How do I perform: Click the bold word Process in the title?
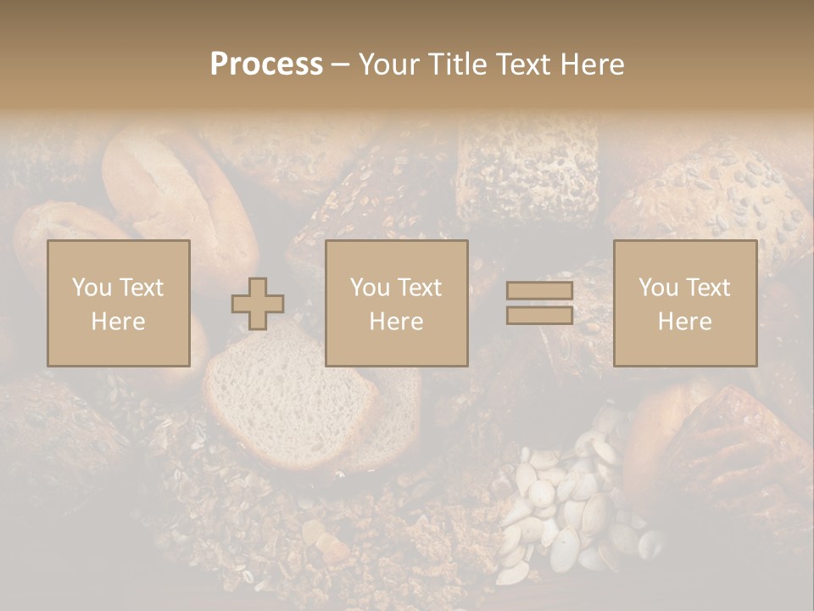(266, 64)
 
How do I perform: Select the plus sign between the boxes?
(258, 304)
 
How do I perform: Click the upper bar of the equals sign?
(539, 291)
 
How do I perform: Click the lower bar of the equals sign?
(539, 316)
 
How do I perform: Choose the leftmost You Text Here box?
(119, 304)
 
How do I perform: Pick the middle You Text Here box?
(397, 304)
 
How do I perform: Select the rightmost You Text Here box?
(685, 304)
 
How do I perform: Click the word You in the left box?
(92, 288)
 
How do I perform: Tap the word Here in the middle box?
(397, 322)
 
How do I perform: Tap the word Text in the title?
(521, 64)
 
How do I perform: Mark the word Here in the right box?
(685, 322)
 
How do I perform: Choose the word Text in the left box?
(141, 288)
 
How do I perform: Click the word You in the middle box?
(371, 288)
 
